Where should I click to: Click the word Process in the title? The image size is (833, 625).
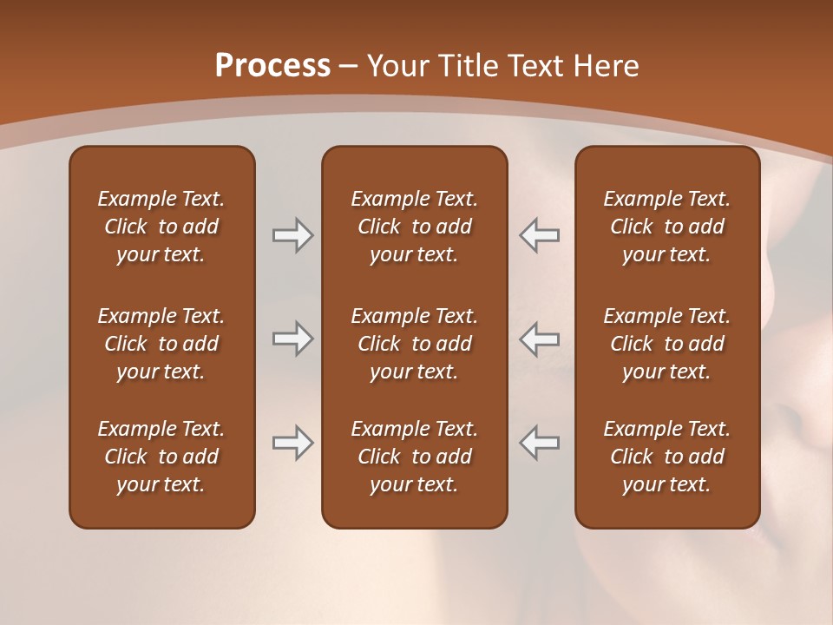[x=272, y=66]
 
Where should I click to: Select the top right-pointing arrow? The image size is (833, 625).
[x=292, y=235]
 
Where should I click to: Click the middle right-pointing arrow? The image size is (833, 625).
[x=292, y=339]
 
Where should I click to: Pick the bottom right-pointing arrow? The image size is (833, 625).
[x=292, y=444]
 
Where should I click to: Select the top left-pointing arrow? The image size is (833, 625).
[x=539, y=235]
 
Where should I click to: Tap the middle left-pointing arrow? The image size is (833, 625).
[x=539, y=339]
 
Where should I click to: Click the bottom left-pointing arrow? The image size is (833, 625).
[x=539, y=444]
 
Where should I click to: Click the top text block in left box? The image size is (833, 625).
[x=161, y=227]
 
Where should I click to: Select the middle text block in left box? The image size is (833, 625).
[x=161, y=344]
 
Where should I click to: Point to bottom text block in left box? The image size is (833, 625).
[x=161, y=457]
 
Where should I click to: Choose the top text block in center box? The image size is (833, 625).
[x=414, y=227]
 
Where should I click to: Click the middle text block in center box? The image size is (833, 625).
[x=414, y=344]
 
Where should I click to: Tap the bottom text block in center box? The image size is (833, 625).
[x=414, y=457]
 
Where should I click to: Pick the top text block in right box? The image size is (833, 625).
[x=666, y=227]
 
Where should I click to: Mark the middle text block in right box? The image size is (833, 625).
[x=666, y=344]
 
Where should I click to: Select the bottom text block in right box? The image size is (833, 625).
[x=666, y=457]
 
